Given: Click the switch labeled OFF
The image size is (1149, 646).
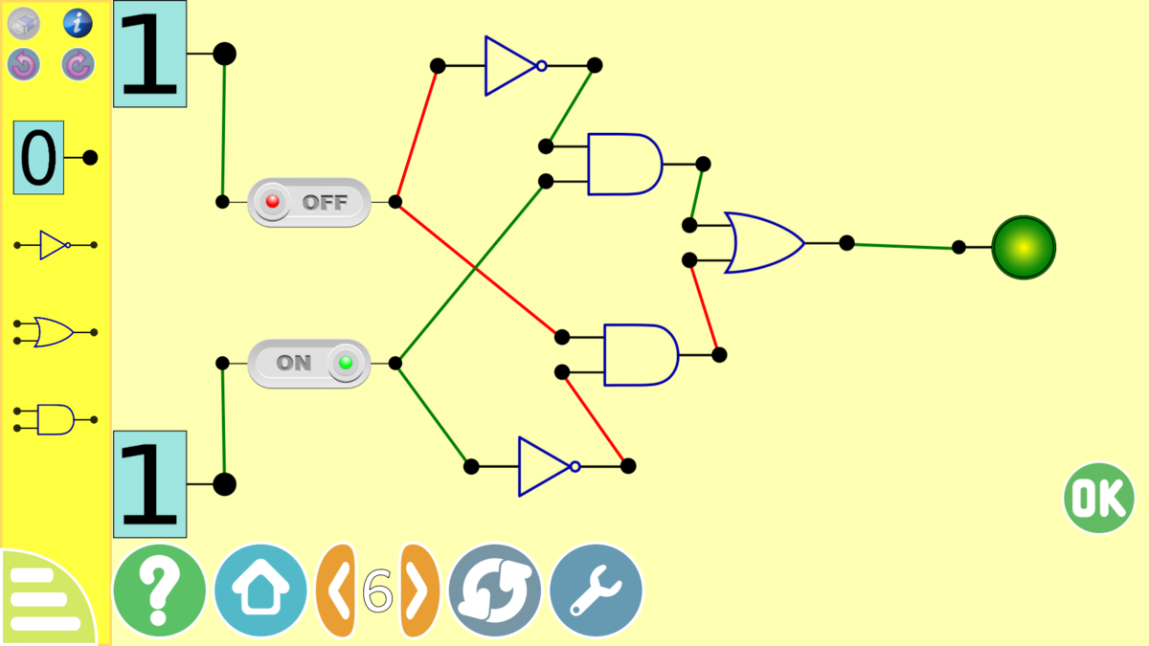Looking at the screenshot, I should click(308, 202).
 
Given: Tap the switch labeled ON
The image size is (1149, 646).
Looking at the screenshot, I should click(308, 363).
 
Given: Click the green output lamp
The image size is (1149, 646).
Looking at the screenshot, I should click(1023, 248).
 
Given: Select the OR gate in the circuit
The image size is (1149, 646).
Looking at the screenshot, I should click(763, 243).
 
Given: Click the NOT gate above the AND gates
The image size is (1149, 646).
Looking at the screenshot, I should click(511, 66).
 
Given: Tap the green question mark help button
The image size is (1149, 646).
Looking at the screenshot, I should click(159, 590).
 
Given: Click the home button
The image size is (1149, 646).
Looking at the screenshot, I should click(260, 590).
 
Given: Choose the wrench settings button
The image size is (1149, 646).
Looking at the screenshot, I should click(596, 590).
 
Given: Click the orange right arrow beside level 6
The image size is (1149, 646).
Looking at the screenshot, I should click(418, 590).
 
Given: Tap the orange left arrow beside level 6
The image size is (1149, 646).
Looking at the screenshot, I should click(336, 590).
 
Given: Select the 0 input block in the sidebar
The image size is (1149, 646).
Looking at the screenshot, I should click(39, 158).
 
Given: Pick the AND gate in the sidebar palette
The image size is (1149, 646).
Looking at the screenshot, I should click(56, 419).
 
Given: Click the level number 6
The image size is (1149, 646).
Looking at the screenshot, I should click(377, 590).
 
